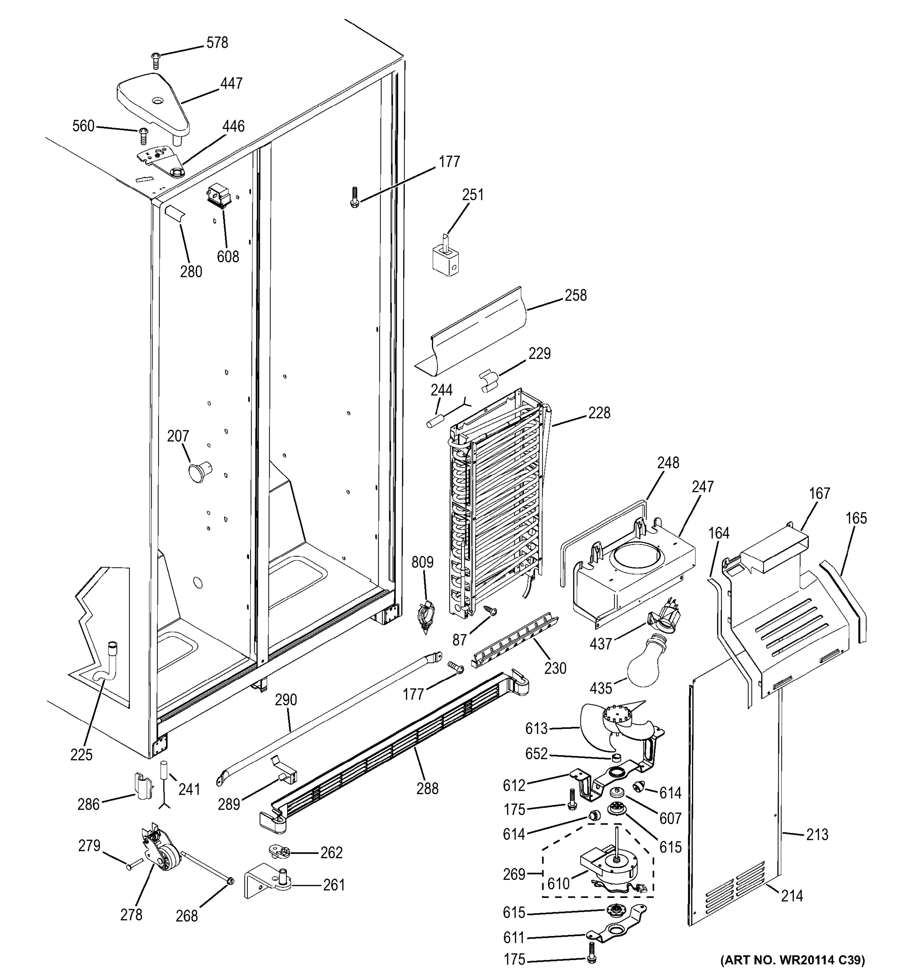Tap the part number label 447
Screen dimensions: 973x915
(231, 83)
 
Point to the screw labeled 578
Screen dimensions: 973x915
(156, 60)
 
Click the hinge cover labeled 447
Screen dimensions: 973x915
(153, 104)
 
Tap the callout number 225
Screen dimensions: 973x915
(81, 755)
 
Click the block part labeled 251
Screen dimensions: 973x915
(445, 258)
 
